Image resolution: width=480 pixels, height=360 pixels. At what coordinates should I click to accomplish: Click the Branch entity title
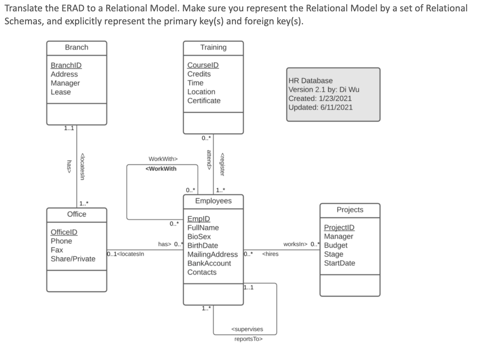[x=77, y=47]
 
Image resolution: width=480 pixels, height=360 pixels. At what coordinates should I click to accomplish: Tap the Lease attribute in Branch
[x=61, y=92]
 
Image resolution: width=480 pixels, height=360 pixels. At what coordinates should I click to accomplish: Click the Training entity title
[x=213, y=47]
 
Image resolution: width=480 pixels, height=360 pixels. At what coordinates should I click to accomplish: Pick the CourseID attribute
[x=203, y=65]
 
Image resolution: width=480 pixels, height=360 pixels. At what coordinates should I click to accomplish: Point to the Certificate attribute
[x=204, y=101]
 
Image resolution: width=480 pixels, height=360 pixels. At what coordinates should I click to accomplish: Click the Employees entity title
[x=213, y=201]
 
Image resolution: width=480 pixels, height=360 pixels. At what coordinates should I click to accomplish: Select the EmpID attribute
[x=199, y=219]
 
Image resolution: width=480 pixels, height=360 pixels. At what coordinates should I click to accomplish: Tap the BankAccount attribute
[x=209, y=263]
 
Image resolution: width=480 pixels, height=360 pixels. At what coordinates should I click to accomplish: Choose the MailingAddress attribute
[x=212, y=254]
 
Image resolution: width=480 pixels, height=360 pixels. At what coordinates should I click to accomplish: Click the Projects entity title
[x=350, y=210]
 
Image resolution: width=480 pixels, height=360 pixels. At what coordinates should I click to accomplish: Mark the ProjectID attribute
[x=339, y=227]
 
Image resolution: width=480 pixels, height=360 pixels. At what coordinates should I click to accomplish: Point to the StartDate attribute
[x=339, y=263]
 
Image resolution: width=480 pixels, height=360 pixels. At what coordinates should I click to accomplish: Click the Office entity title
[x=77, y=214]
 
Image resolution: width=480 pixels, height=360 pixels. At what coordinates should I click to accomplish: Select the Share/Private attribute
[x=73, y=259]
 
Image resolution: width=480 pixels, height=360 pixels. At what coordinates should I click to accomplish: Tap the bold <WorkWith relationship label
[x=161, y=169]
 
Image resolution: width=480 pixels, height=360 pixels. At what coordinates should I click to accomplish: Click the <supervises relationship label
[x=247, y=329]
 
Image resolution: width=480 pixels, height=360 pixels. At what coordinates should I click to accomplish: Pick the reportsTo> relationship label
[x=248, y=339]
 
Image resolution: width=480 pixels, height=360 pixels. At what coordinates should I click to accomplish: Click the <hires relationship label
[x=270, y=255]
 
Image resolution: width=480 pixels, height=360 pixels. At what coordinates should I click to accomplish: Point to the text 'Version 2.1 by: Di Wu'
[x=324, y=90]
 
